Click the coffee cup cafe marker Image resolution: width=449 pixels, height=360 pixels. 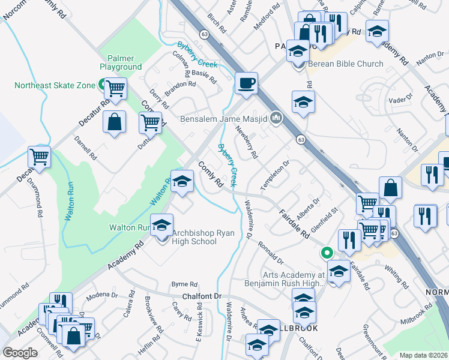point(246,83)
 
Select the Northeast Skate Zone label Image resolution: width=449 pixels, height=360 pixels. point(55,85)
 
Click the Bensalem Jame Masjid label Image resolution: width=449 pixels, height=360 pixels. point(224,118)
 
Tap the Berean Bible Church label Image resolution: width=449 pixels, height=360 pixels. point(345,64)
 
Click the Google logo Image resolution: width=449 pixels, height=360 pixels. point(20,353)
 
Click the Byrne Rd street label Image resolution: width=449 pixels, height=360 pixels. point(184,284)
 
